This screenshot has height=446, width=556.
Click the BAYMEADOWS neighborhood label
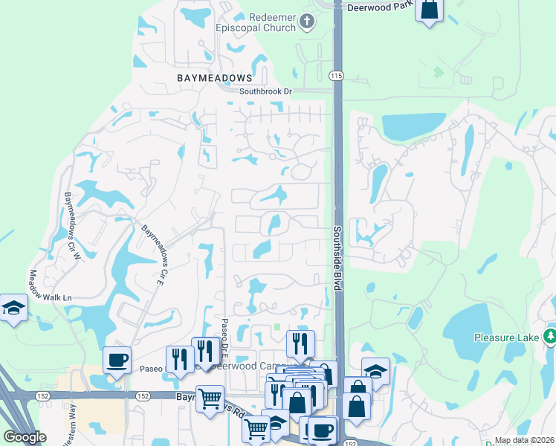point(215,77)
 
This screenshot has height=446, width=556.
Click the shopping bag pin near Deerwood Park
point(430,10)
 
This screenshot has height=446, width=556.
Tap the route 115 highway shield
point(336,75)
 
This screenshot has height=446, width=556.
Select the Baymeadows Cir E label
point(152,251)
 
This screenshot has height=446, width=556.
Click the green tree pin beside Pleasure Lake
point(550,337)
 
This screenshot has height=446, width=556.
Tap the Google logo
point(25,437)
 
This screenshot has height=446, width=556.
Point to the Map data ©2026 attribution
point(523,440)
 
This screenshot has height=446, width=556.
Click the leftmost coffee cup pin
point(117,361)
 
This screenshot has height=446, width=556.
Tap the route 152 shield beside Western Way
point(45,397)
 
